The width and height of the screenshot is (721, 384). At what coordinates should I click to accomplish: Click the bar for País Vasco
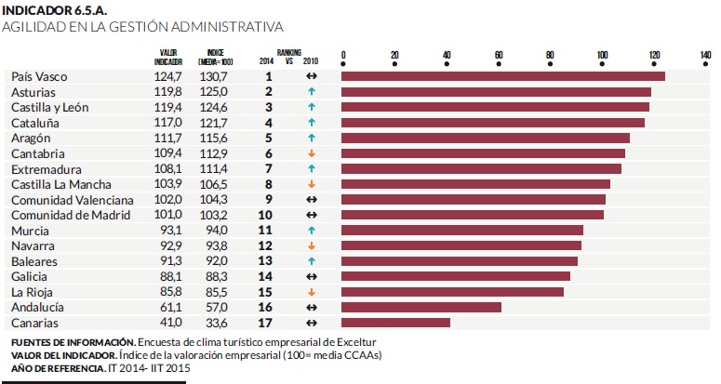point(503,76)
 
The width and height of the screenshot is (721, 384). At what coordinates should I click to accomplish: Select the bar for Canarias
point(396,323)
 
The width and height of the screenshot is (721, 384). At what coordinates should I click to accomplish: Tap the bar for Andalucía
point(421,307)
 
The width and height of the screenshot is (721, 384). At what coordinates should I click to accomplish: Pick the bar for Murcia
point(462,230)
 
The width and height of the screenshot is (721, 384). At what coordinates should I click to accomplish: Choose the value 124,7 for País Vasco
point(168,76)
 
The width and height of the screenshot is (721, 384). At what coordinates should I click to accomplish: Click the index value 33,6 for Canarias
point(215,323)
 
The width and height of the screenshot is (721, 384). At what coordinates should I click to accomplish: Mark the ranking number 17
point(268,323)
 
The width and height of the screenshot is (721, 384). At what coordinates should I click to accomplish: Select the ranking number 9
point(268,200)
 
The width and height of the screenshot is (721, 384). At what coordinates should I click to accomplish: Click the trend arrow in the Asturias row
point(312,92)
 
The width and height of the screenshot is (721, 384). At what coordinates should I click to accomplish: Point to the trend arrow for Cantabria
point(312,153)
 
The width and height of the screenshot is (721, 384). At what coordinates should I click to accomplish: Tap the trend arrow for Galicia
point(312,276)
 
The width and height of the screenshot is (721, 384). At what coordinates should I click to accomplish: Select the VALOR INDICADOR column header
point(169,57)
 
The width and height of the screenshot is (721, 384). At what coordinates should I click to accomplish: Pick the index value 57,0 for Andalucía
point(215,307)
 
